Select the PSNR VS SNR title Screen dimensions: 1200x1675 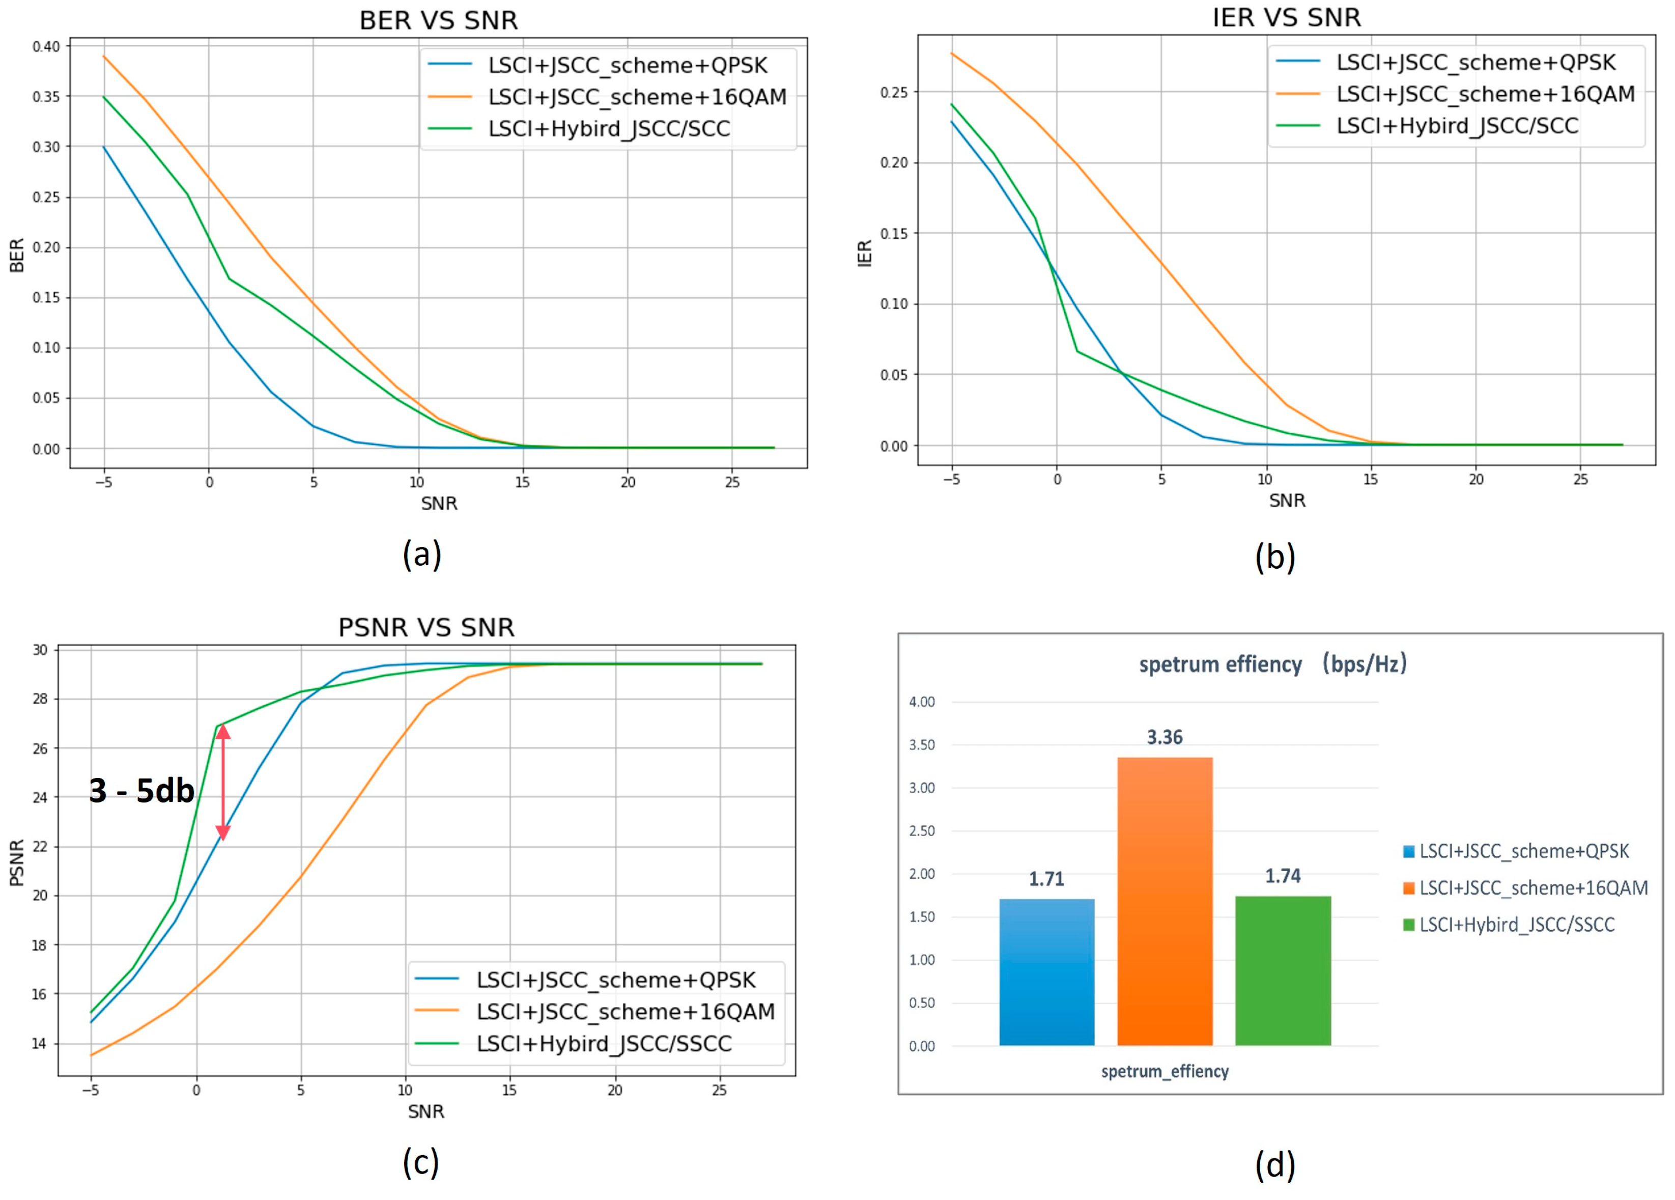(426, 627)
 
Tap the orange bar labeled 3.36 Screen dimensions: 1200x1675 (1165, 902)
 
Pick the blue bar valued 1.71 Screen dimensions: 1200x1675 (1046, 972)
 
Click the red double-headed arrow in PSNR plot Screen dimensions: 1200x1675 (223, 783)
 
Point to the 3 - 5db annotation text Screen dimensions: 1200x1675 (141, 791)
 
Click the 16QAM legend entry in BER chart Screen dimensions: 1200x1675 (637, 97)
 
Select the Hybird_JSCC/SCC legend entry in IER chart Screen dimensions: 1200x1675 (1456, 126)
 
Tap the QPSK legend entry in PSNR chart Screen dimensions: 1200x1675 (615, 980)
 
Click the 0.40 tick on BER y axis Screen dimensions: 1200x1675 (46, 46)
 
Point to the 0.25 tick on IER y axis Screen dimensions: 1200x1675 (894, 92)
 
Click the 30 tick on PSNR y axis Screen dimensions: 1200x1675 (39, 650)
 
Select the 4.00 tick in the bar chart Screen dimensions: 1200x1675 (922, 702)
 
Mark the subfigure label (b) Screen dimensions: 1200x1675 (1275, 556)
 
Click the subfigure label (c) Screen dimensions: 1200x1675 (421, 1162)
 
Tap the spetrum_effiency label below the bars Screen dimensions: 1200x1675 (1165, 1071)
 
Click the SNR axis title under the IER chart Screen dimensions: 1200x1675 (1287, 501)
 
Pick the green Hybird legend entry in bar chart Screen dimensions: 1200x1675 (1516, 925)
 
